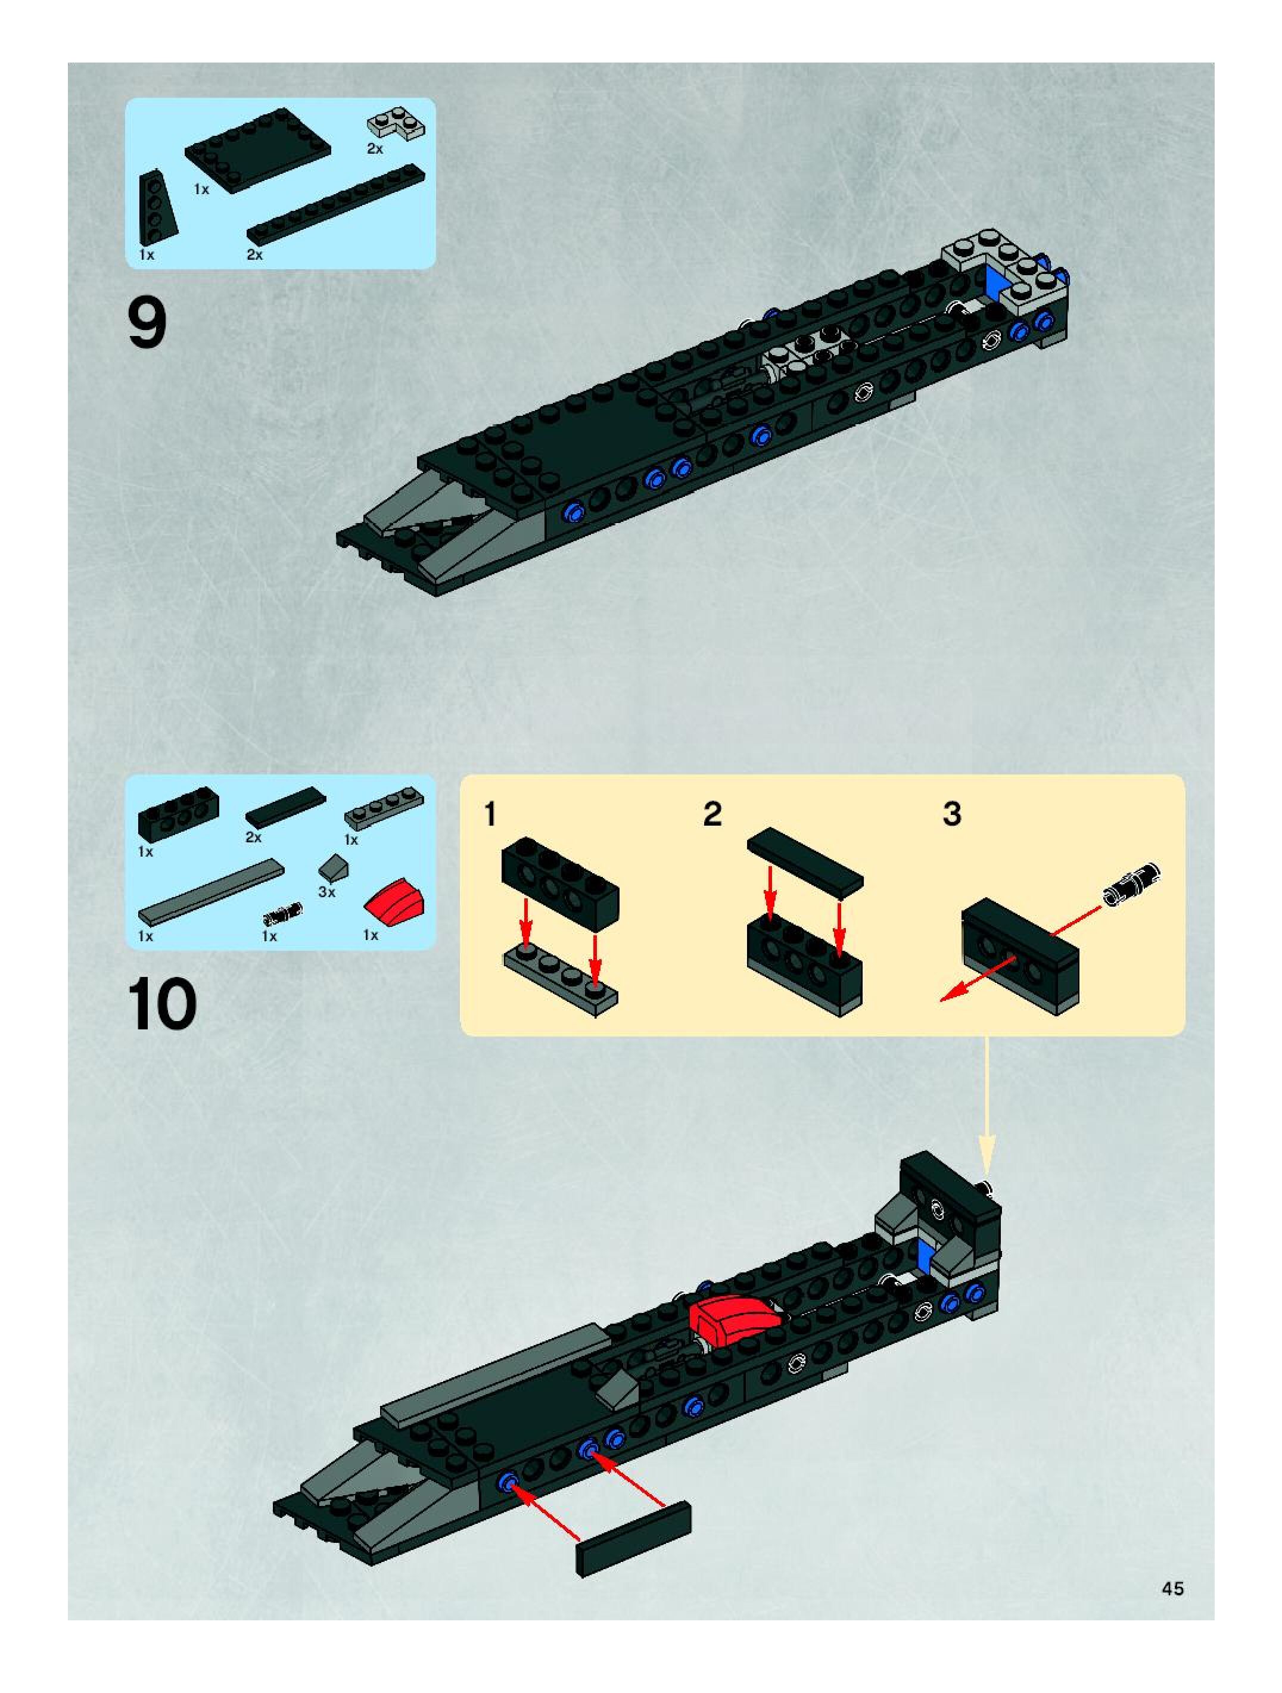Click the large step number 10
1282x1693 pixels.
tap(162, 1004)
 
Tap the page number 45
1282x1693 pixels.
tap(1172, 1588)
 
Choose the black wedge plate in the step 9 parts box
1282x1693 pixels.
tap(156, 207)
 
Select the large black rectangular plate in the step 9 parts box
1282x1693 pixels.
tap(257, 148)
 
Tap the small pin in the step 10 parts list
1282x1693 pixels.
tap(282, 912)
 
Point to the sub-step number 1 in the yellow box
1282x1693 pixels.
tap(491, 814)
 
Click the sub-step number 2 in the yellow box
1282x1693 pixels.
tap(712, 814)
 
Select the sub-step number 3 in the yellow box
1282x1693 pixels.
tap(951, 814)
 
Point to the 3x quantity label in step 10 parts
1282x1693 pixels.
tap(327, 892)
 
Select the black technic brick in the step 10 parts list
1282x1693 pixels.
tap(178, 814)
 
